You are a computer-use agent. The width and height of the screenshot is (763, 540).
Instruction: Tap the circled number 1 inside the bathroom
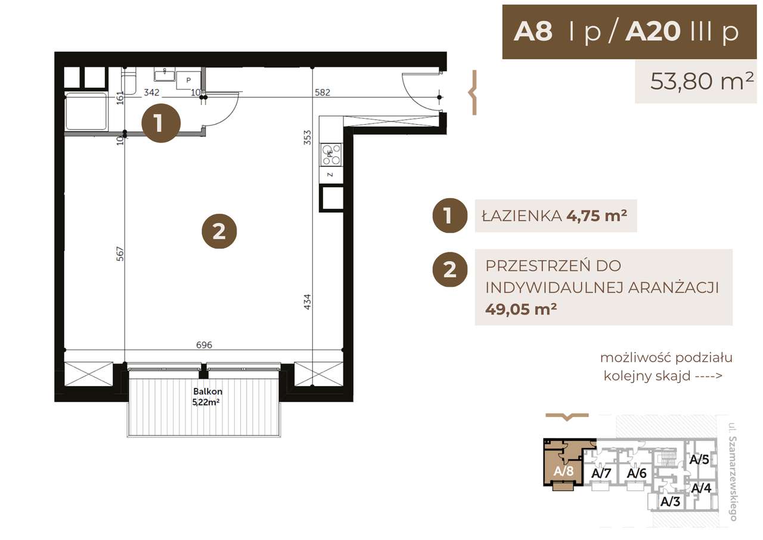tap(160, 124)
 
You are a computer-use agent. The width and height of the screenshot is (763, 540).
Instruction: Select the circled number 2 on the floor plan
tap(219, 231)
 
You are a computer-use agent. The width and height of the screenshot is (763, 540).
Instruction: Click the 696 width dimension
tap(204, 344)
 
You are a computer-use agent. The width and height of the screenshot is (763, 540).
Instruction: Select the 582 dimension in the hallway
tap(322, 92)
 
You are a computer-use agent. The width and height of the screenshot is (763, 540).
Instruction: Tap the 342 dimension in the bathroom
tap(151, 92)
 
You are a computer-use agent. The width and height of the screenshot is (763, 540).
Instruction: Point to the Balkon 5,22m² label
tap(207, 397)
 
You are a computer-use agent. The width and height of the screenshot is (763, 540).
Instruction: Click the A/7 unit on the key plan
tap(601, 473)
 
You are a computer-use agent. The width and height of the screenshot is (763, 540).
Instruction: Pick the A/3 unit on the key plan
tap(671, 502)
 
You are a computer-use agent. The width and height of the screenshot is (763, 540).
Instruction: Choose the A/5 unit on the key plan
tap(699, 460)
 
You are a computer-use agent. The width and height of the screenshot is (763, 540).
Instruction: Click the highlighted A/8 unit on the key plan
tap(563, 471)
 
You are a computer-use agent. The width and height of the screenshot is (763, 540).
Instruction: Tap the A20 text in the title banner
tap(653, 32)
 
